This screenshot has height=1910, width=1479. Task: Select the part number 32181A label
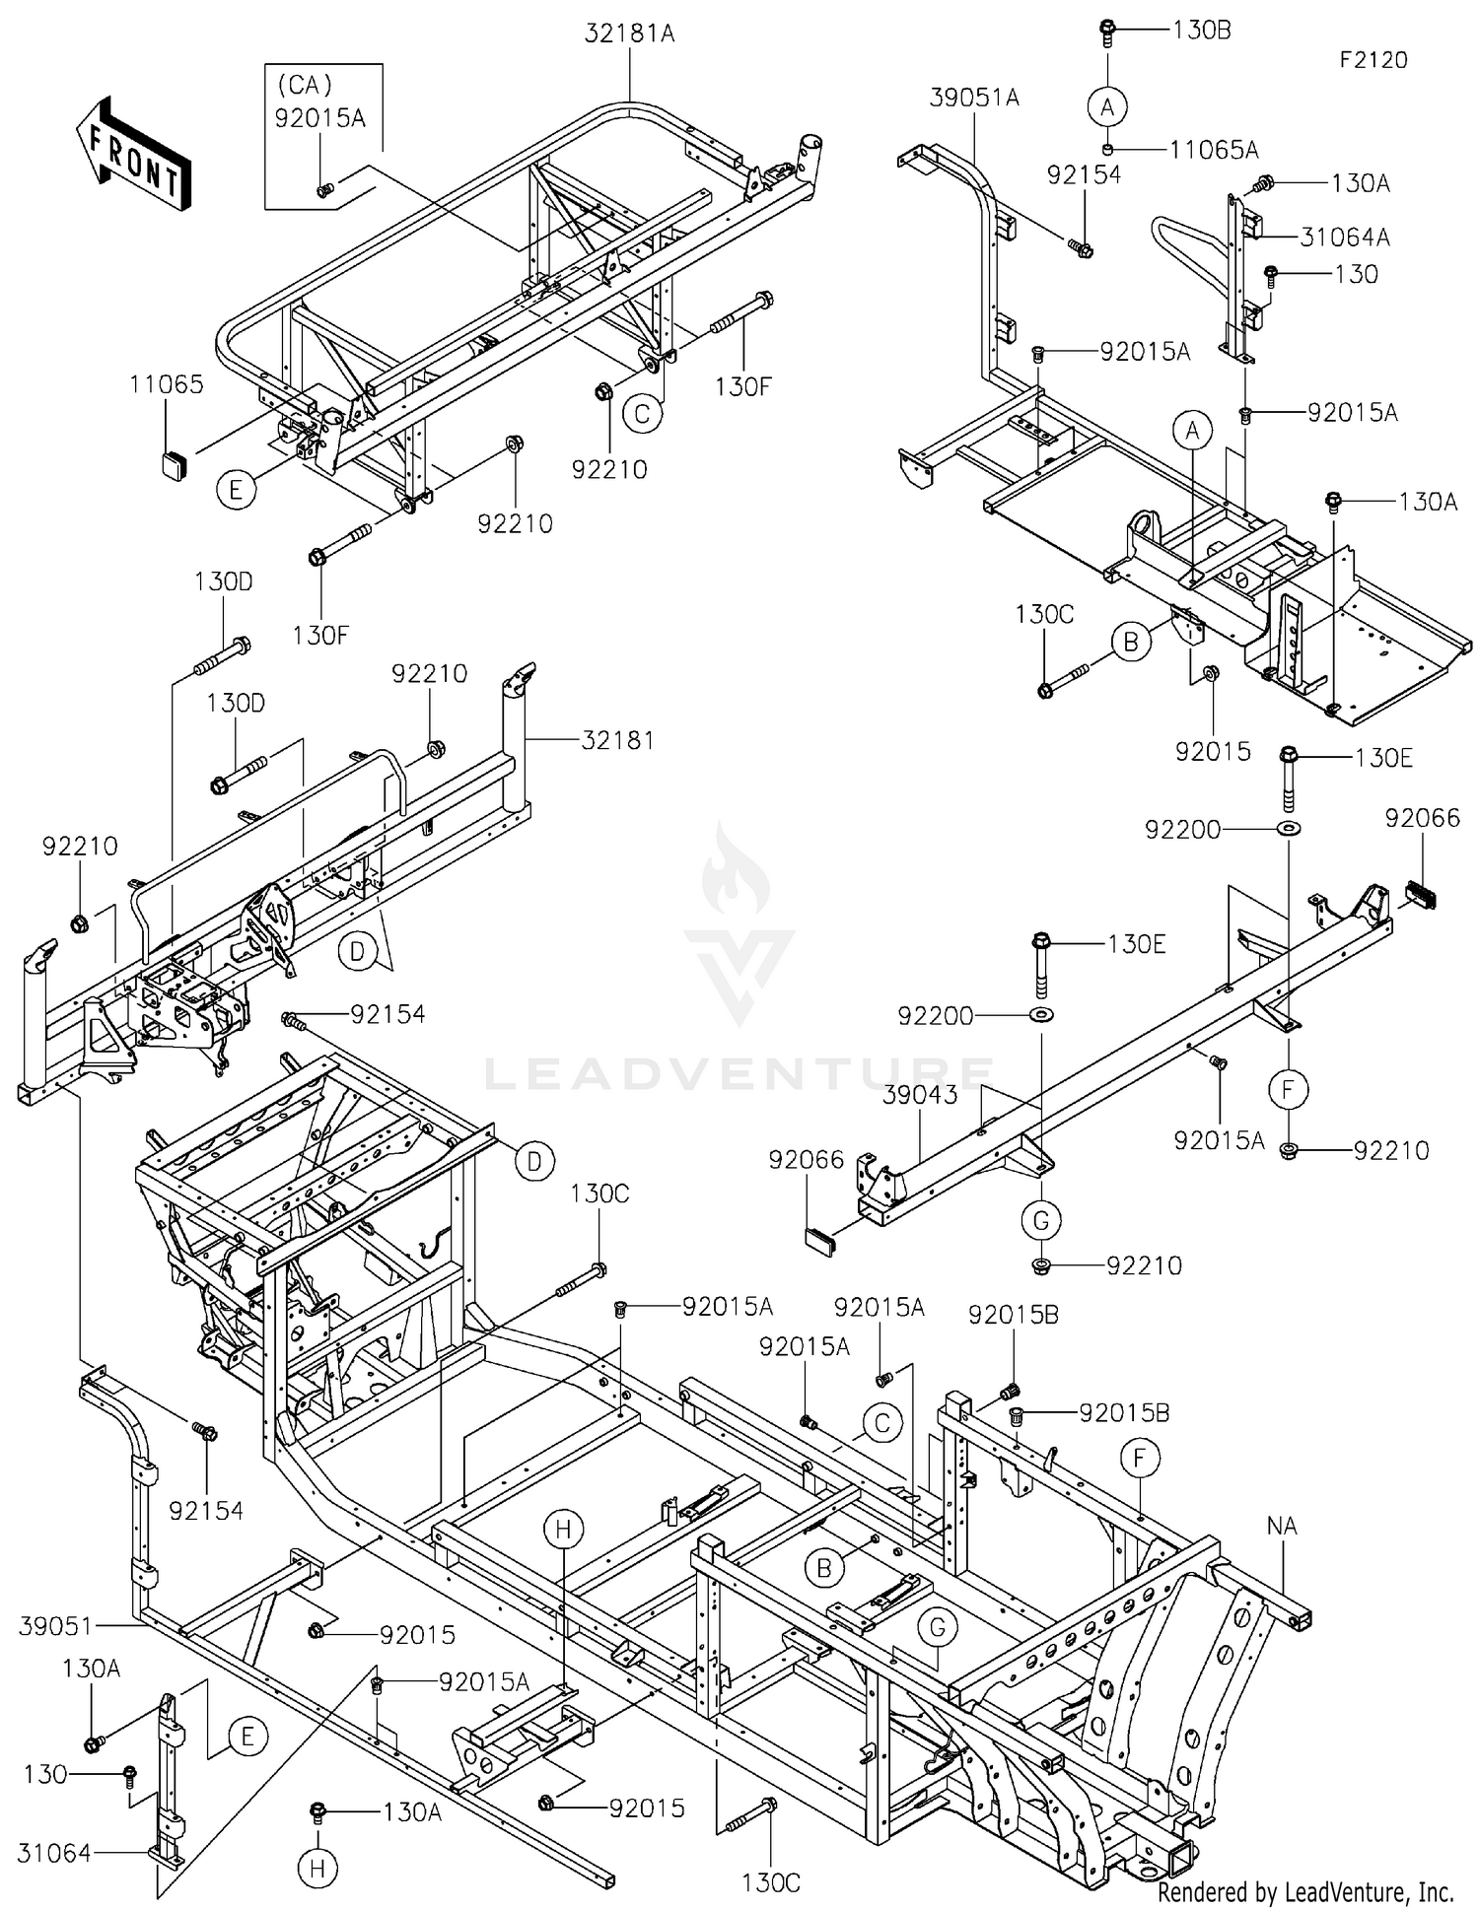pyautogui.click(x=629, y=34)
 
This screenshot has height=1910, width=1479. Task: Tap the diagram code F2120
pyautogui.click(x=1373, y=60)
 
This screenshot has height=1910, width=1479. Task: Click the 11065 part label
pyautogui.click(x=167, y=384)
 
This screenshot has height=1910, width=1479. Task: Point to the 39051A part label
pyautogui.click(x=974, y=98)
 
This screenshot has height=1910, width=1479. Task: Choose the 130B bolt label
pyautogui.click(x=1202, y=30)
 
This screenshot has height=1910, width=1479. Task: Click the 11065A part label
pyautogui.click(x=1214, y=150)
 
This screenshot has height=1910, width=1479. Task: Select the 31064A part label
pyautogui.click(x=1345, y=237)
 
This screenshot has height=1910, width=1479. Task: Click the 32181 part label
pyautogui.click(x=617, y=739)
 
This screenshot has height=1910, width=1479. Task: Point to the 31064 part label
pyautogui.click(x=54, y=1853)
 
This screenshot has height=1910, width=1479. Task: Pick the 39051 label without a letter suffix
pyautogui.click(x=54, y=1626)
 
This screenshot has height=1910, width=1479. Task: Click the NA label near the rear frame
pyautogui.click(x=1282, y=1526)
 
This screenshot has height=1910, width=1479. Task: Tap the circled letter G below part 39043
pyautogui.click(x=1040, y=1220)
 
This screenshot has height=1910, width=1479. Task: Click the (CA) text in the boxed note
pyautogui.click(x=305, y=86)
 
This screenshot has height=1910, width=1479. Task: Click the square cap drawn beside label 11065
pyautogui.click(x=175, y=462)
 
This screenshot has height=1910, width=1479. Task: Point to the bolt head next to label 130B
pyautogui.click(x=1107, y=32)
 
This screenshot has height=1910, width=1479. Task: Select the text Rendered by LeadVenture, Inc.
pyautogui.click(x=1305, y=1891)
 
